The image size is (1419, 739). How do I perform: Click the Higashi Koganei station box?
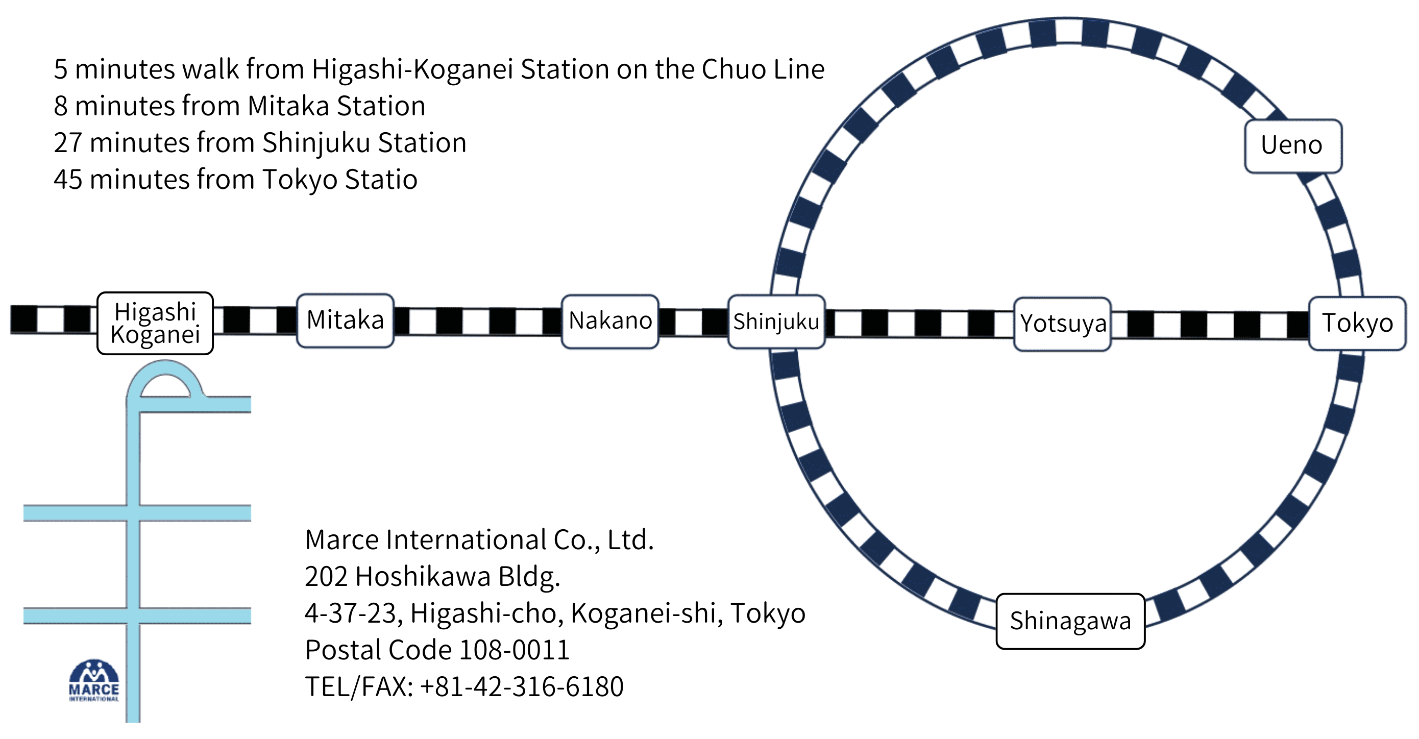point(155,323)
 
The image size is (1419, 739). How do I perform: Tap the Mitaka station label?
point(345,321)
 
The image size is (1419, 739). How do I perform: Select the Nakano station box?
point(610,321)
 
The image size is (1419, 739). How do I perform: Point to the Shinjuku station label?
point(776,322)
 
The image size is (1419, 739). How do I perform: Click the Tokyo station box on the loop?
point(1357,323)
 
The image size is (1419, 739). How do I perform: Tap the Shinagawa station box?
point(1070,621)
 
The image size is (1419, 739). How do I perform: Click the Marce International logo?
point(93,681)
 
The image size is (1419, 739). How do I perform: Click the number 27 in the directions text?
point(68,142)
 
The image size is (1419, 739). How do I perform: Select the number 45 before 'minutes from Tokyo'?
point(68,180)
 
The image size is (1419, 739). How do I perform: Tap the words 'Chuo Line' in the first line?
point(763,69)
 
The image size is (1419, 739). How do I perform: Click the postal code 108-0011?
point(514,650)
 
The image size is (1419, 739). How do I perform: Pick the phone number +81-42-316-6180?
point(522,686)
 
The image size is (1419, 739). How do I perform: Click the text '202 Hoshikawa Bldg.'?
point(432,577)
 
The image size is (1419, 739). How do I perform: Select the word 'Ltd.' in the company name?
point(631,539)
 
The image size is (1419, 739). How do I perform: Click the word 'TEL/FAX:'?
point(359,686)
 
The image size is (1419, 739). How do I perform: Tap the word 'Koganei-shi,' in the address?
point(647,613)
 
